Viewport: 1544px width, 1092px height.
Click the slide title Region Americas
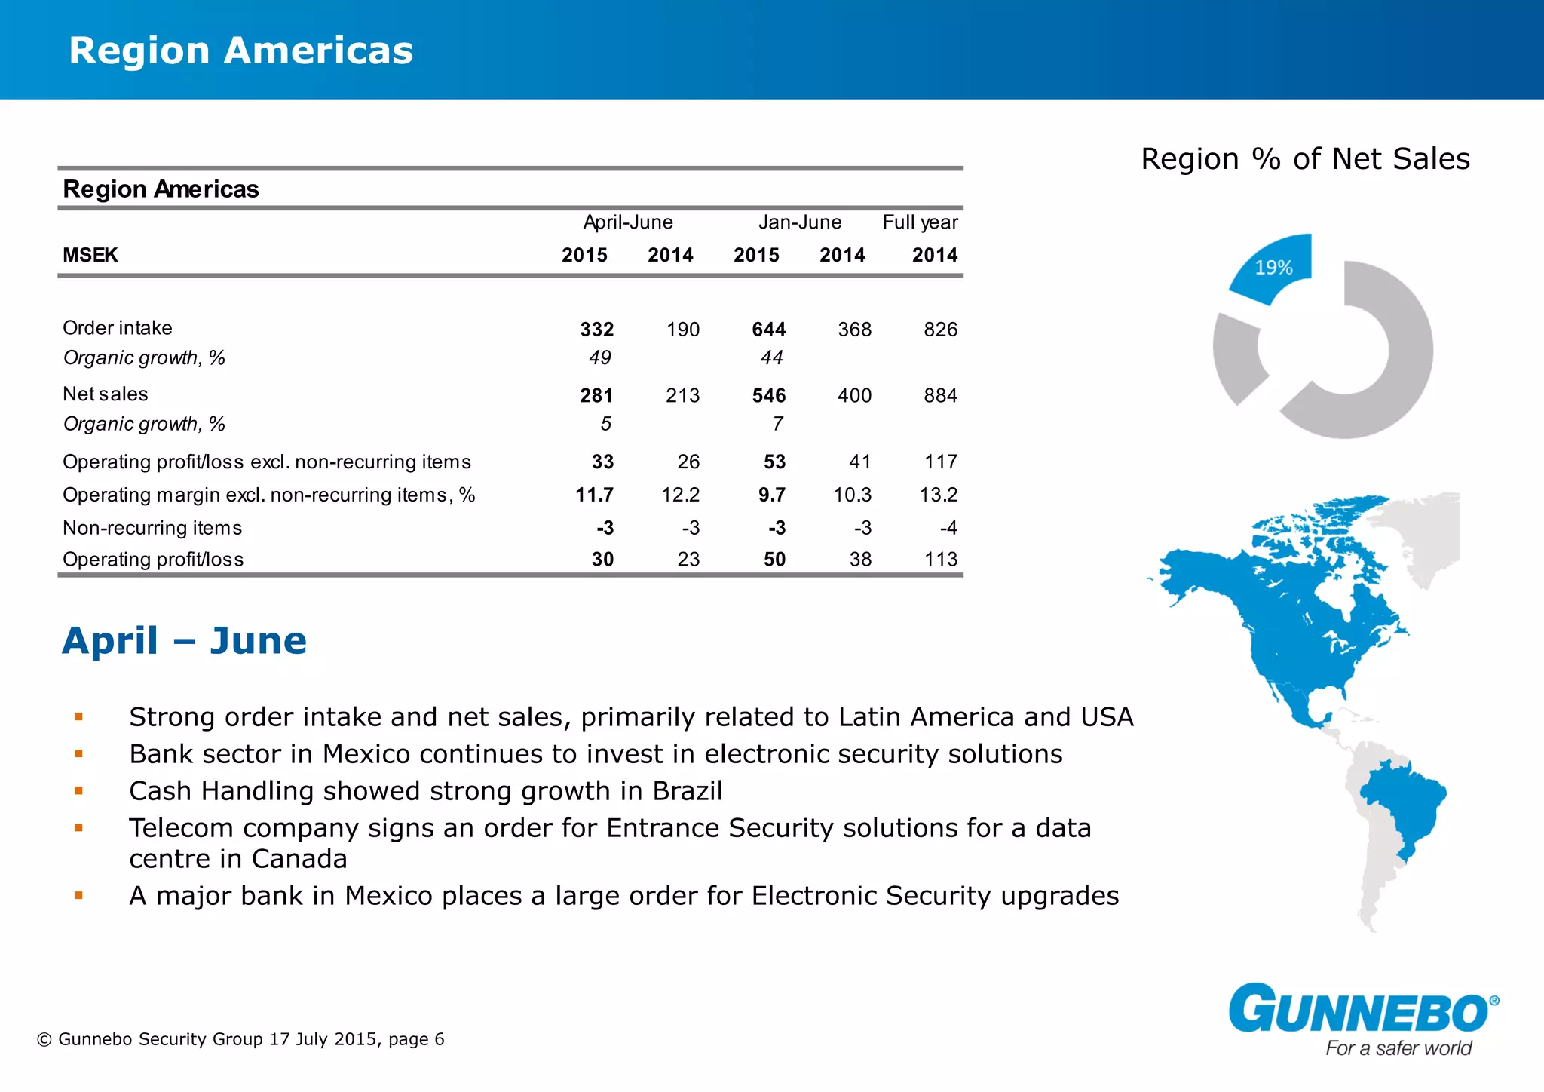tap(240, 51)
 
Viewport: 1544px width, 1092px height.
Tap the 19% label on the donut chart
tap(1273, 268)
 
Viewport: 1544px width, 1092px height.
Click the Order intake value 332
tap(596, 330)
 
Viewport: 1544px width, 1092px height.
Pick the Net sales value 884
tap(940, 396)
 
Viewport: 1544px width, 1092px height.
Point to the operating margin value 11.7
tap(594, 495)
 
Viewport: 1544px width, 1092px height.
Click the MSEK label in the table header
tap(90, 256)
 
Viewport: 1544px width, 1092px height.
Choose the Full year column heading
tap(920, 222)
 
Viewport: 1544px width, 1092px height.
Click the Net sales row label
tap(106, 394)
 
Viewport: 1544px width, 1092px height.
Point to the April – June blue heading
tap(185, 641)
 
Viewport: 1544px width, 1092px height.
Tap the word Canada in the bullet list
tap(299, 859)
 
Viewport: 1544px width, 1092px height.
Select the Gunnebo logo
tap(1362, 1008)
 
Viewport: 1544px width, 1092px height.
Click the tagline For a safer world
tap(1398, 1048)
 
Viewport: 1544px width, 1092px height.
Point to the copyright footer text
tap(240, 1039)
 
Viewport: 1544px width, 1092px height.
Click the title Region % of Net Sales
tap(1305, 159)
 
